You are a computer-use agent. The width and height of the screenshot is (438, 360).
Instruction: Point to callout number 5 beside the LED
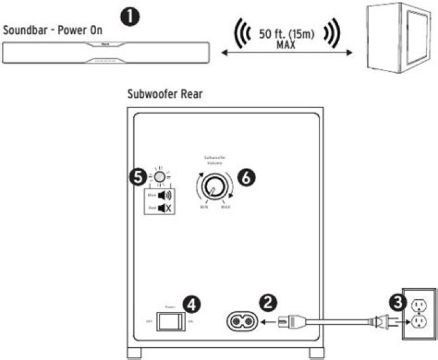pyautogui.click(x=138, y=178)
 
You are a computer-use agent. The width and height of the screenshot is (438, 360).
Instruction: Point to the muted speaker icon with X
pyautogui.click(x=162, y=208)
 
